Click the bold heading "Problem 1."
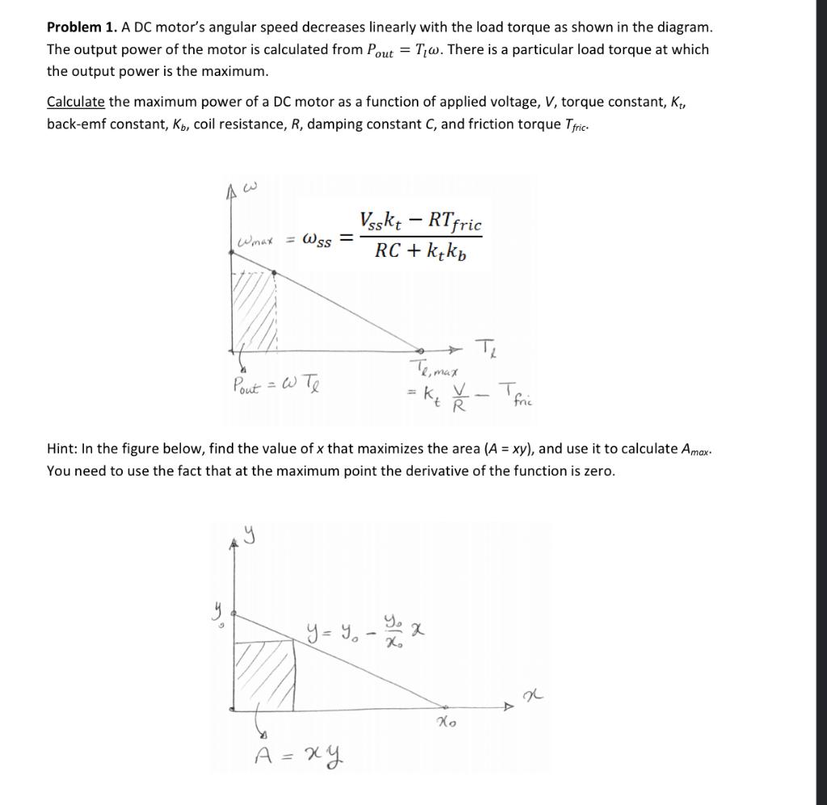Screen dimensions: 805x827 pos(82,27)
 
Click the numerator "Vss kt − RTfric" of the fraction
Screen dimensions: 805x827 pos(421,220)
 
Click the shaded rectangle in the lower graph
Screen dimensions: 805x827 pos(264,674)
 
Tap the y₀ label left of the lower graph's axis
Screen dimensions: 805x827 pos(216,615)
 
